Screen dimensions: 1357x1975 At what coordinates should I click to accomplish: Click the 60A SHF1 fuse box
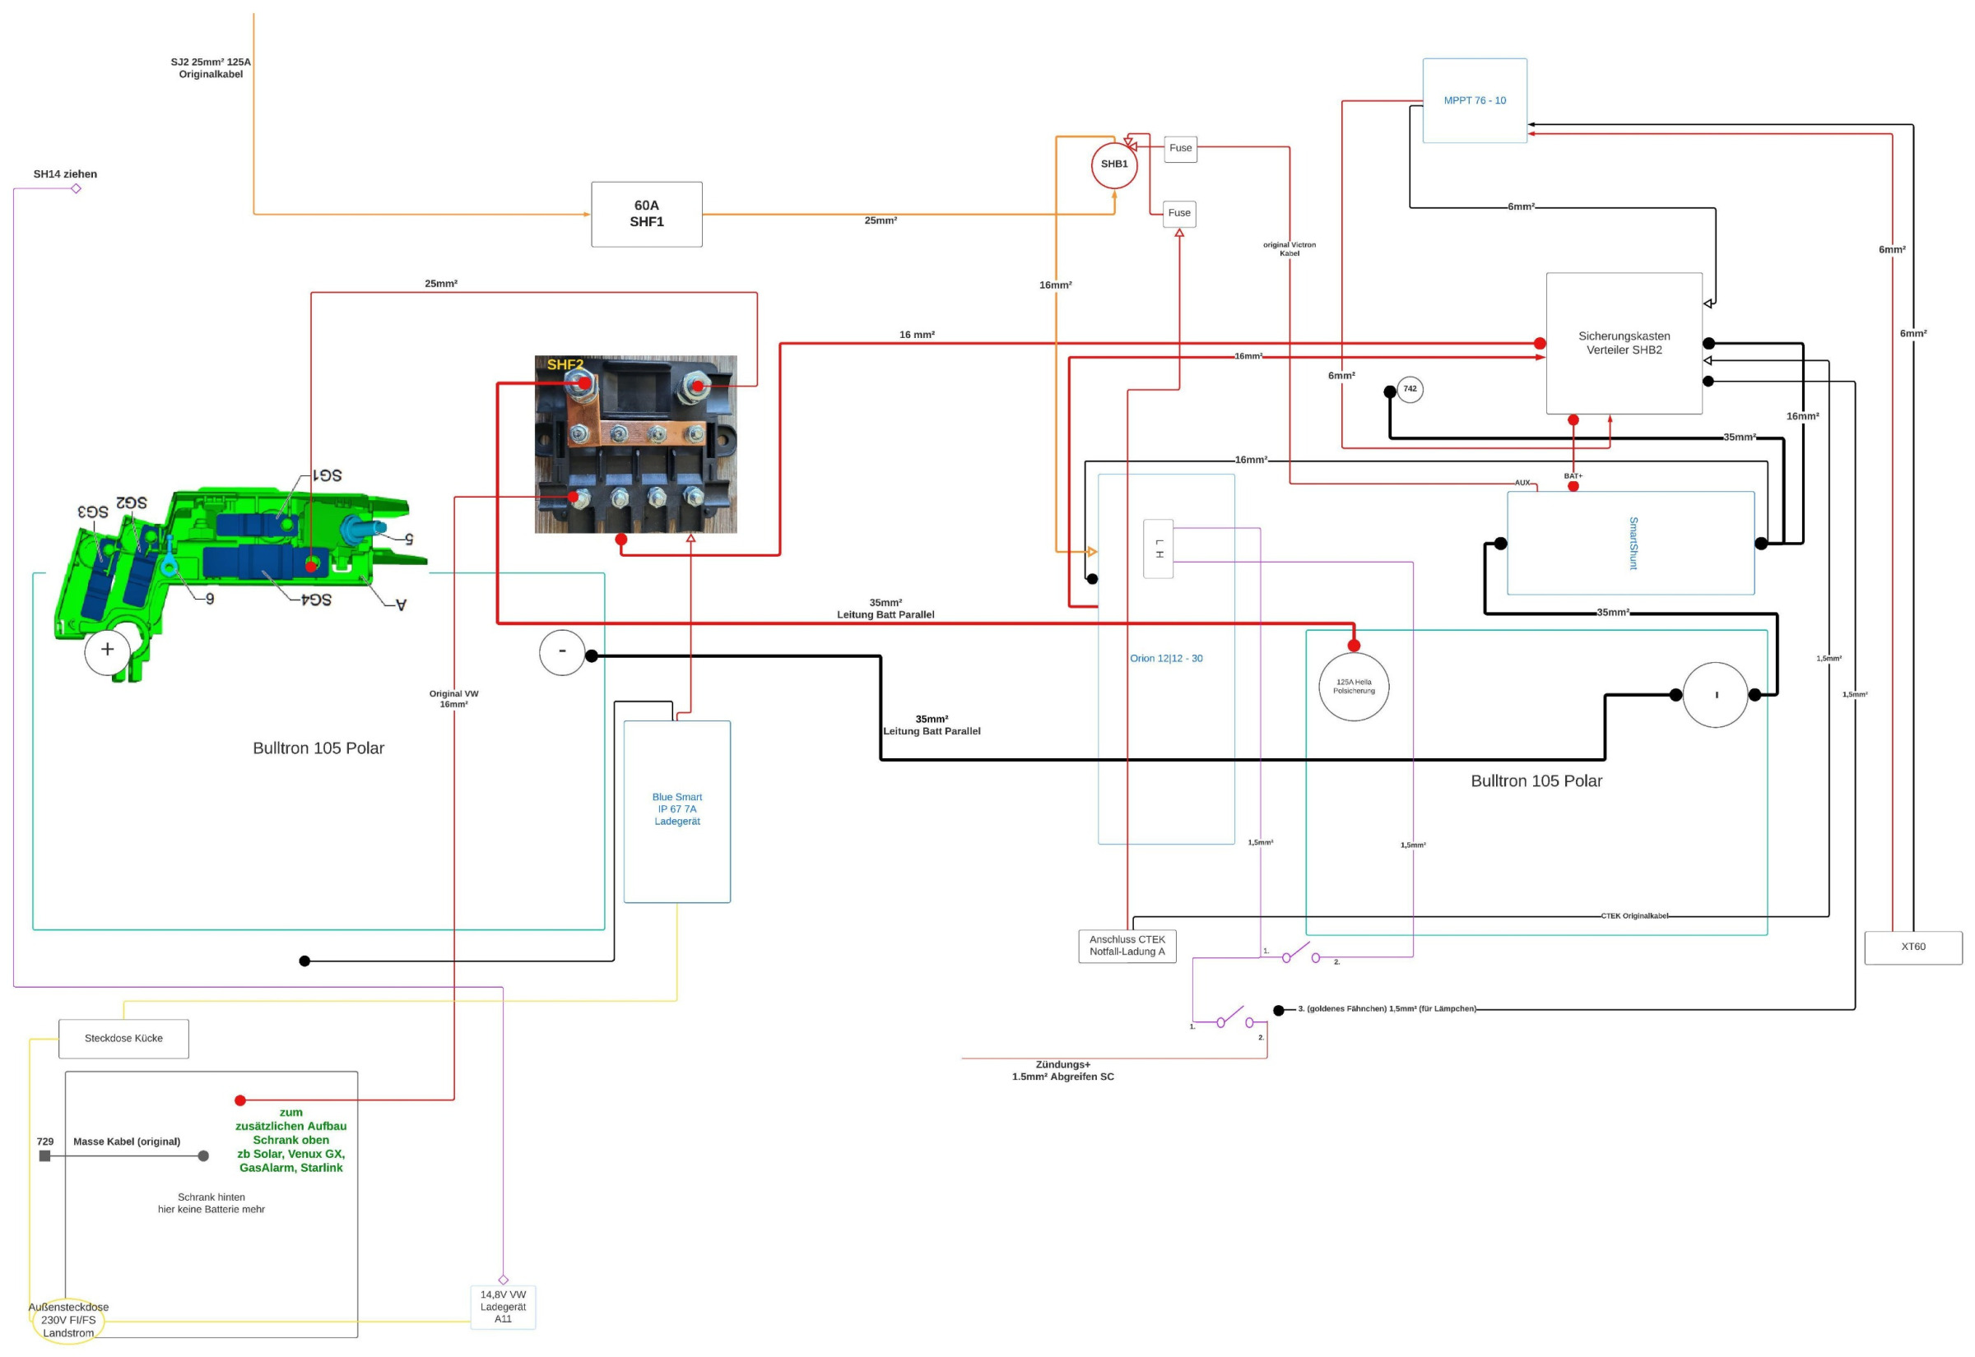point(647,215)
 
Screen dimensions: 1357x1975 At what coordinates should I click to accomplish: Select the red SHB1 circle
point(1113,165)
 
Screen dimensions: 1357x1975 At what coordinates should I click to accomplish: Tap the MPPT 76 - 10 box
point(1474,100)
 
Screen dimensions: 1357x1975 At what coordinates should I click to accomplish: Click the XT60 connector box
point(1912,947)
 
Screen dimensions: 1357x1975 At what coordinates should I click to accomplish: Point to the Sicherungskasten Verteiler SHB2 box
point(1623,343)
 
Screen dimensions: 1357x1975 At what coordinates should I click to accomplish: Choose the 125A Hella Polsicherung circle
point(1353,686)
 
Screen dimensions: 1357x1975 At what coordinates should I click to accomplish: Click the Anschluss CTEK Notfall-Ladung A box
point(1127,946)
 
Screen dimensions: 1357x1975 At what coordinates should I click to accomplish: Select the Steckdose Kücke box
point(123,1038)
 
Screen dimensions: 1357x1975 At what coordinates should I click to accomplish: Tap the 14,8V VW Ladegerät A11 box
point(503,1307)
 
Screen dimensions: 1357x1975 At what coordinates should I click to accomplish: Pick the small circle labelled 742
point(1410,389)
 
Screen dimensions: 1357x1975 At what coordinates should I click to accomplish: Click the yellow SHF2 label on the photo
point(565,365)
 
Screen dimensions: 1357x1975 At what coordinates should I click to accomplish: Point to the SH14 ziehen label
point(66,174)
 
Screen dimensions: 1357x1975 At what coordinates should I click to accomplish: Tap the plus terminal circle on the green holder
point(107,651)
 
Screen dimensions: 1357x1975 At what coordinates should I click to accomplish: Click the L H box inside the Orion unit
point(1158,549)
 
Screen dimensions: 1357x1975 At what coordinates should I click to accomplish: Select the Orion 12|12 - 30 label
point(1165,658)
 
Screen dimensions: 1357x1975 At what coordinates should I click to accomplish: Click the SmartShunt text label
point(1632,544)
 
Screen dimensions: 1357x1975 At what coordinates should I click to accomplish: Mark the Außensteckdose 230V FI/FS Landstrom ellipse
point(68,1320)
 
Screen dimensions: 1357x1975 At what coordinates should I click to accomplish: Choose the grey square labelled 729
point(45,1156)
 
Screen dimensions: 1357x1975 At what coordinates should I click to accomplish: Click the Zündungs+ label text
point(1062,1064)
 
